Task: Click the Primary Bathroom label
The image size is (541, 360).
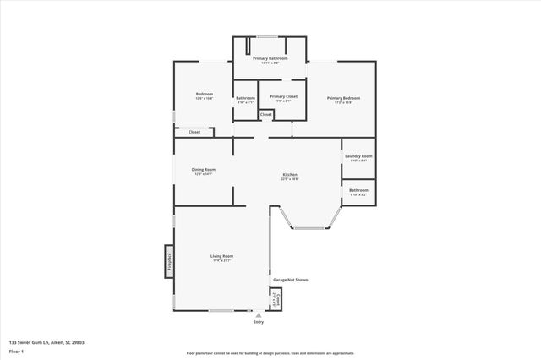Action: click(x=270, y=58)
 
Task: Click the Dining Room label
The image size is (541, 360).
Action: click(x=205, y=169)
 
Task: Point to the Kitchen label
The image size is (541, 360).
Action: click(x=290, y=176)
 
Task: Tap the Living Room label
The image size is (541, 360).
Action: click(x=221, y=256)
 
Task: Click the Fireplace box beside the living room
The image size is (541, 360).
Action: click(x=169, y=261)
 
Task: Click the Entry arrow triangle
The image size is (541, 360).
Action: click(x=259, y=314)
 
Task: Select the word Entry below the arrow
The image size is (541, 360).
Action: click(x=259, y=322)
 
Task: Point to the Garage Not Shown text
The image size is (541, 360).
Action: click(x=290, y=279)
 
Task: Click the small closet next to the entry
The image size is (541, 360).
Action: click(x=275, y=299)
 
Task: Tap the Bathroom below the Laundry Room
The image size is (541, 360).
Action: click(x=358, y=191)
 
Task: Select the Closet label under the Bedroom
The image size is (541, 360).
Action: click(x=194, y=132)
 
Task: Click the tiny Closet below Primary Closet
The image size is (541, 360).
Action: click(x=265, y=114)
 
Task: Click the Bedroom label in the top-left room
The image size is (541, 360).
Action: click(x=205, y=94)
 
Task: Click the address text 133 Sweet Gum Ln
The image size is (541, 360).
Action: click(x=46, y=342)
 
